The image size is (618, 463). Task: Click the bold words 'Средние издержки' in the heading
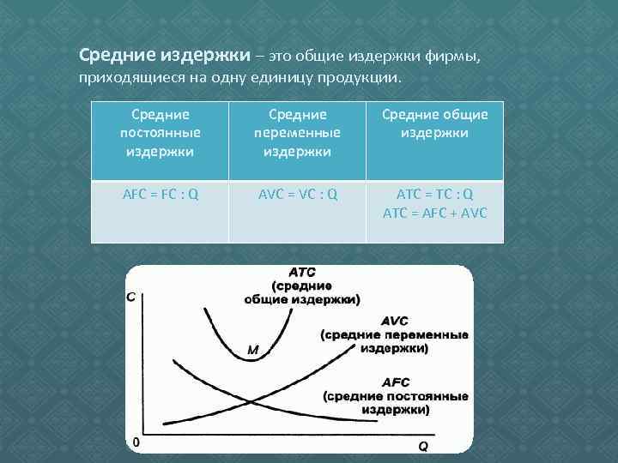click(166, 56)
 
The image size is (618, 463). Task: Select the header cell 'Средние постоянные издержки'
click(161, 132)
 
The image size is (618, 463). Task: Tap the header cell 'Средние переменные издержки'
click(298, 132)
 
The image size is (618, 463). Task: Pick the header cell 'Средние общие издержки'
click(434, 123)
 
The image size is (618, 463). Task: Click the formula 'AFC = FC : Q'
click(161, 194)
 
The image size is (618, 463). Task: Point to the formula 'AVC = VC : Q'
click(298, 194)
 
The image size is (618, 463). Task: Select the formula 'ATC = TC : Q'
click(434, 194)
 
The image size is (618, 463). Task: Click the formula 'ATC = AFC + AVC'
click(434, 213)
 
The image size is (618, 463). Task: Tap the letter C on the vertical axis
click(132, 298)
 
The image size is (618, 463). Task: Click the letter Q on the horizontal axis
click(423, 446)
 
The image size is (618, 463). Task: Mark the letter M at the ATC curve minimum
click(253, 350)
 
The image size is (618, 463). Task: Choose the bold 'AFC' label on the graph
click(396, 382)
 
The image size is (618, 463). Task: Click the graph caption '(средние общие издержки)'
click(302, 292)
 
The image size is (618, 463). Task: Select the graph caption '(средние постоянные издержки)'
click(396, 403)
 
